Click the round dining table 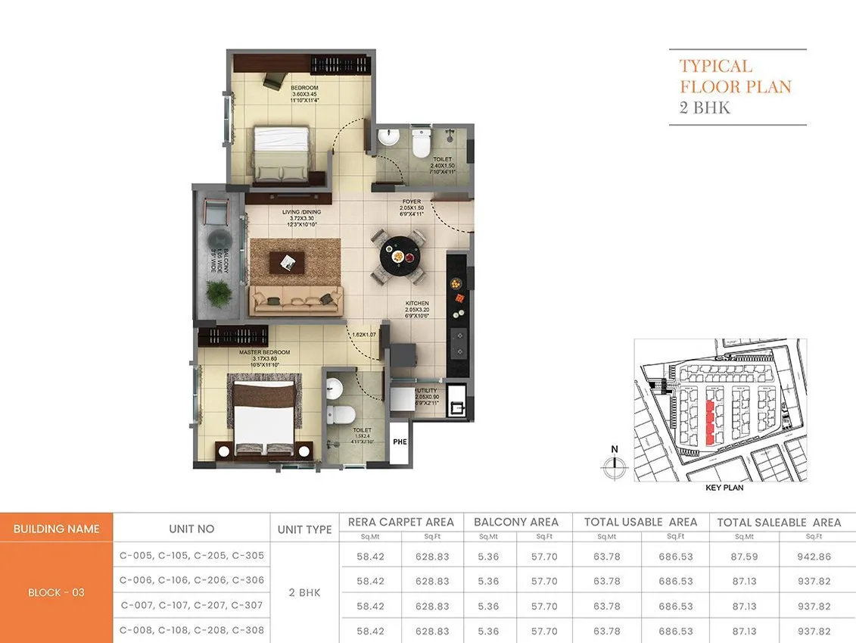tap(397, 256)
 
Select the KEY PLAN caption tap(724, 488)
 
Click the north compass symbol tap(614, 466)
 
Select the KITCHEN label tap(416, 303)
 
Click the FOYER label tap(411, 202)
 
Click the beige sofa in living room tap(295, 300)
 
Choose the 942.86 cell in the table tap(814, 556)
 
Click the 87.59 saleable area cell tap(743, 556)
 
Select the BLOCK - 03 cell tap(56, 593)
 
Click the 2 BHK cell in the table tap(304, 593)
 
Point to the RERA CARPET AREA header tap(400, 522)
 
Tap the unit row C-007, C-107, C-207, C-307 tap(191, 606)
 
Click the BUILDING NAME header tap(56, 529)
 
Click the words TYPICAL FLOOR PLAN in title tap(735, 76)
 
